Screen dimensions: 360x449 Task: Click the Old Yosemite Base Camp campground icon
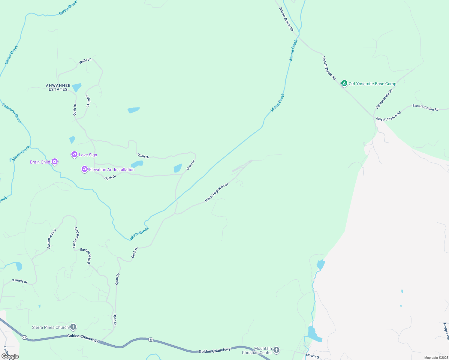(344, 83)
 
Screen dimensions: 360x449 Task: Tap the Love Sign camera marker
(74, 154)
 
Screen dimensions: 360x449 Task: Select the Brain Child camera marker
(54, 162)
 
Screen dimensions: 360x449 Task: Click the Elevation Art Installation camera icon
(85, 169)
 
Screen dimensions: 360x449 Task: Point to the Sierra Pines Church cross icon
(73, 327)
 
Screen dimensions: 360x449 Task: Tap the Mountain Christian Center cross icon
(276, 350)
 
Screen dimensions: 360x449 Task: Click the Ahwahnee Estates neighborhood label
(58, 88)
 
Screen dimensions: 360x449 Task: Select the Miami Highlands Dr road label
(216, 193)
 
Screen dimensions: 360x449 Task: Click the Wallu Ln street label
(85, 61)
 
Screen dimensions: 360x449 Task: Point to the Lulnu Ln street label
(88, 101)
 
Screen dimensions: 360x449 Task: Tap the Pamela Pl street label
(20, 281)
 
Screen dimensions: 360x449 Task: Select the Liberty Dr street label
(313, 356)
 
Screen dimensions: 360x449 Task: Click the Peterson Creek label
(12, 113)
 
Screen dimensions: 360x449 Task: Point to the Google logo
(10, 356)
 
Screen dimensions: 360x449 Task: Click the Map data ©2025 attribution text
(436, 358)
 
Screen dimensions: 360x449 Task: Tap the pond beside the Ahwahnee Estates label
(77, 87)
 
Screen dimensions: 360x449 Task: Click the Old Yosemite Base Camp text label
(372, 84)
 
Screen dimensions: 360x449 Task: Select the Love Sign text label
(88, 155)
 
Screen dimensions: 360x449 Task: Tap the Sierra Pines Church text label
(50, 327)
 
